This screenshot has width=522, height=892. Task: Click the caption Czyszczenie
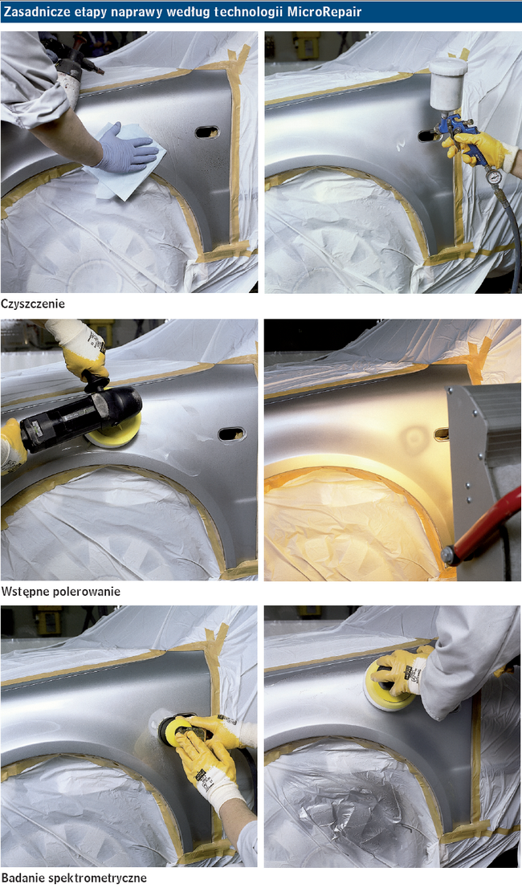tap(32, 303)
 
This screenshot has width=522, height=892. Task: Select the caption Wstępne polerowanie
tap(61, 592)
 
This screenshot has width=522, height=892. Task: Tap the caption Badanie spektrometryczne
tap(74, 878)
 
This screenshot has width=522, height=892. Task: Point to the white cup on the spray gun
tap(447, 84)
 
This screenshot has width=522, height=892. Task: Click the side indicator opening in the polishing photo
tap(231, 434)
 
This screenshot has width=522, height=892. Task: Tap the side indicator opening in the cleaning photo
tap(207, 132)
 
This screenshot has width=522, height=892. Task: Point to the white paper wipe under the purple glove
tap(125, 162)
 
